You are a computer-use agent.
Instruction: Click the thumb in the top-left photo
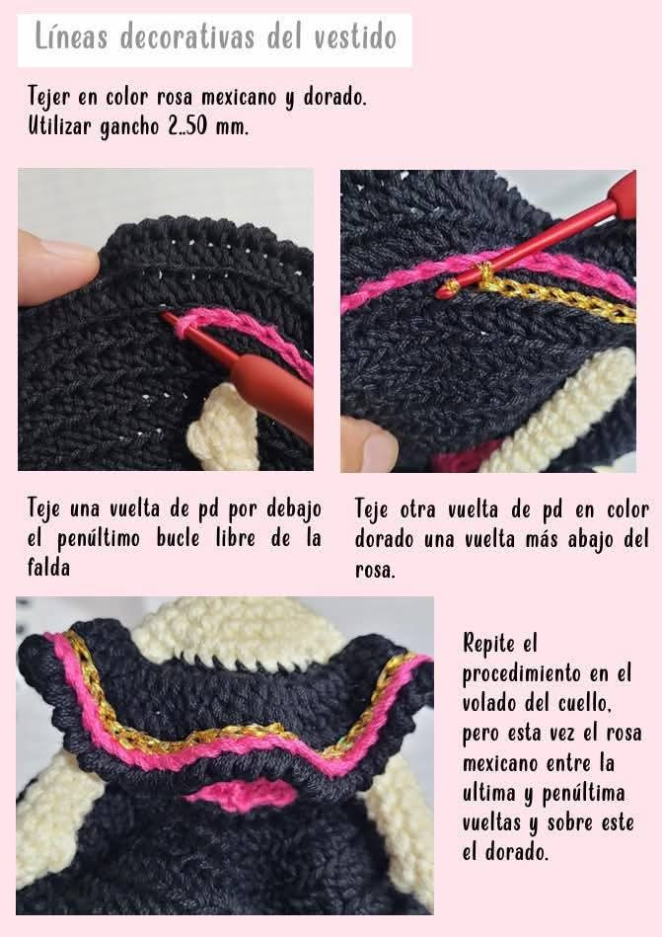point(54,267)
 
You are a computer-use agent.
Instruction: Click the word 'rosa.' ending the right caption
point(375,570)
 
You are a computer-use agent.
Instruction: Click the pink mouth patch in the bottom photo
point(242,794)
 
